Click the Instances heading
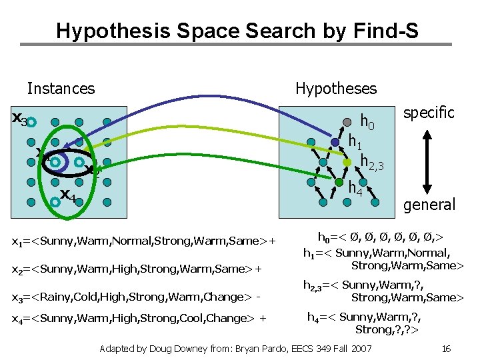[61, 88]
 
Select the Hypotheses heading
[335, 88]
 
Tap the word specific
[429, 113]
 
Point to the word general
[429, 204]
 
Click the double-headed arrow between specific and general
[429, 158]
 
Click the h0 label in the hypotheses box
[367, 121]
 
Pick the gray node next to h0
[347, 122]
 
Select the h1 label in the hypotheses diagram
[355, 141]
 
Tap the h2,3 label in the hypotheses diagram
[372, 161]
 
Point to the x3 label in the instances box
[19, 119]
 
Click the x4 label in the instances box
[67, 195]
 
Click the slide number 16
[447, 348]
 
